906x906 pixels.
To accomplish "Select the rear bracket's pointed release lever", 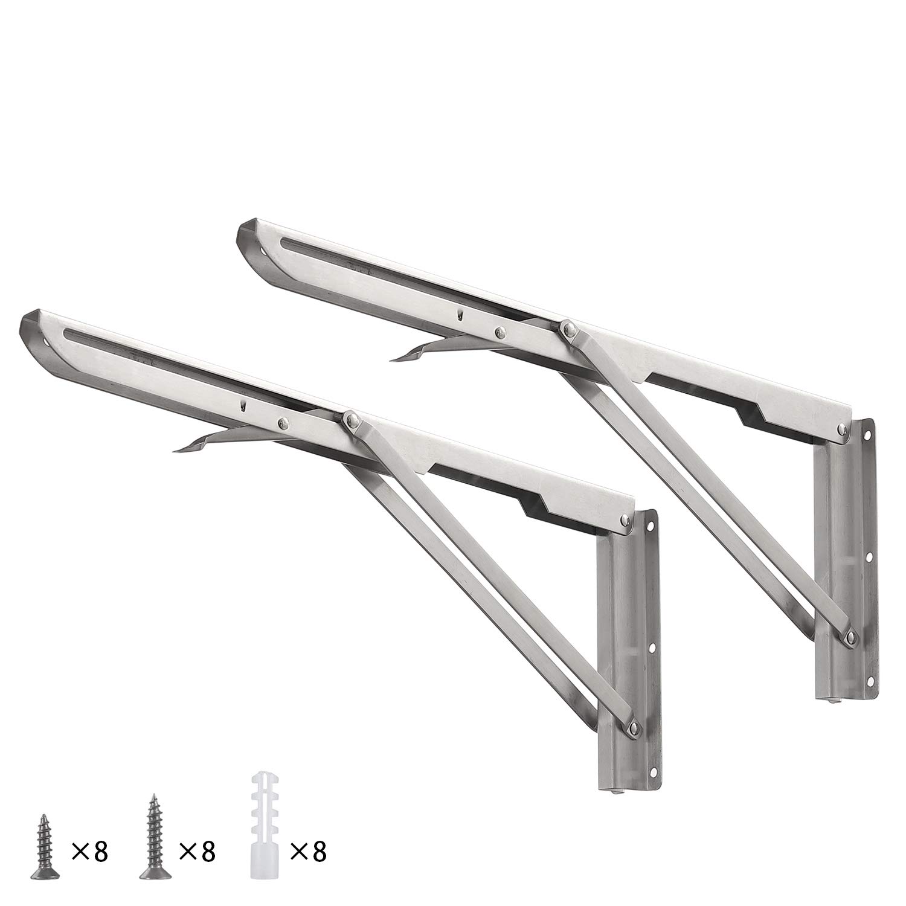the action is coord(417,353).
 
